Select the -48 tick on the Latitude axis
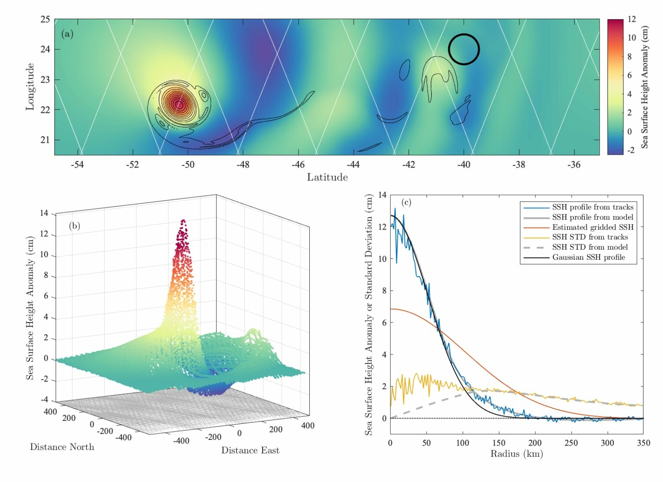[243, 165]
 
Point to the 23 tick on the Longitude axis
[45, 79]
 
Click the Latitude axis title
[327, 177]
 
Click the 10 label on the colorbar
[631, 38]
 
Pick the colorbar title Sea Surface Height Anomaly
[645, 87]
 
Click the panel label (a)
[67, 34]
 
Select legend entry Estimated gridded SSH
[592, 227]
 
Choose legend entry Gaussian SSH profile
[588, 257]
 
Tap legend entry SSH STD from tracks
[590, 237]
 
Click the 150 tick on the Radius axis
[499, 443]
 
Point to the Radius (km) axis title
[516, 454]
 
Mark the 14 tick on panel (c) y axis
[382, 195]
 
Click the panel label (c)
[407, 202]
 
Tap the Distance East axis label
[250, 450]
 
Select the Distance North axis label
[62, 447]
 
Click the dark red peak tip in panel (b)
[183, 221]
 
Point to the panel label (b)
[74, 226]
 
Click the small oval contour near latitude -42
[404, 69]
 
